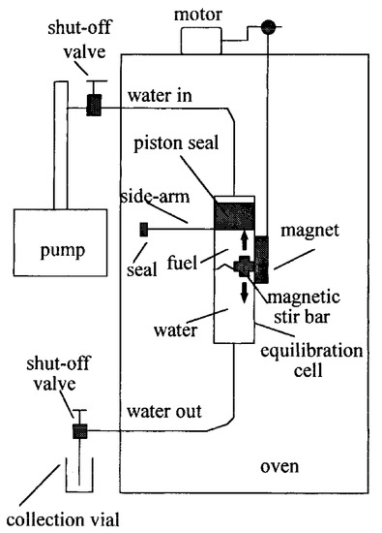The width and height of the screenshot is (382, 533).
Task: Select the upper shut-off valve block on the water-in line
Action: click(x=94, y=106)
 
